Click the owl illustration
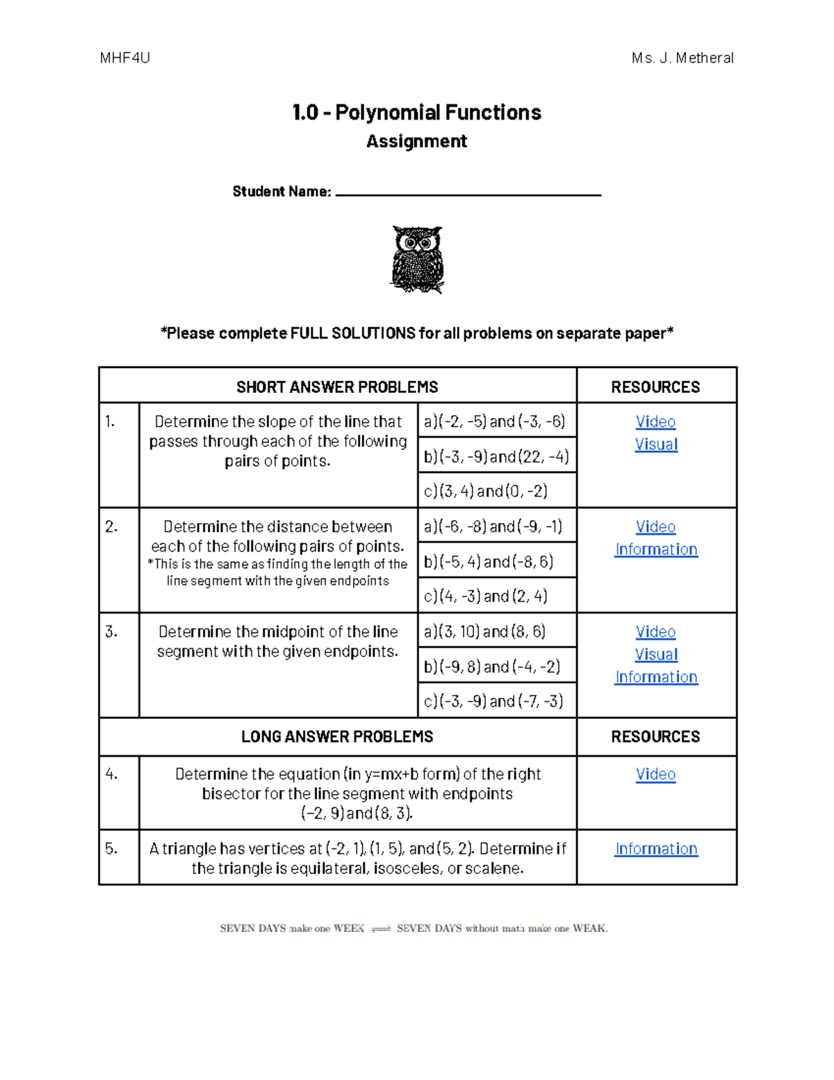coord(417,259)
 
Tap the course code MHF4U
coord(125,58)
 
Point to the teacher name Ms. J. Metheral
coord(682,58)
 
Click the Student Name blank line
coord(468,194)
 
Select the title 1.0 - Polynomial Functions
coord(416,113)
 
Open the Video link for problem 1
coord(655,421)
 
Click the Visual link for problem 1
coord(655,444)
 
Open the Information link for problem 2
coord(656,549)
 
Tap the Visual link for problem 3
coord(655,654)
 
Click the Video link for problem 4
coord(655,774)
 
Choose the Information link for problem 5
coord(656,848)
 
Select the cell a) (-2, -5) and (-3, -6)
coord(495,421)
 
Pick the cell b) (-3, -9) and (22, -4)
coord(496,456)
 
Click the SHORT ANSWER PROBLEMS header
coord(337,387)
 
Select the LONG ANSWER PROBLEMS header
coord(337,736)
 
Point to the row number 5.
coord(112,848)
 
